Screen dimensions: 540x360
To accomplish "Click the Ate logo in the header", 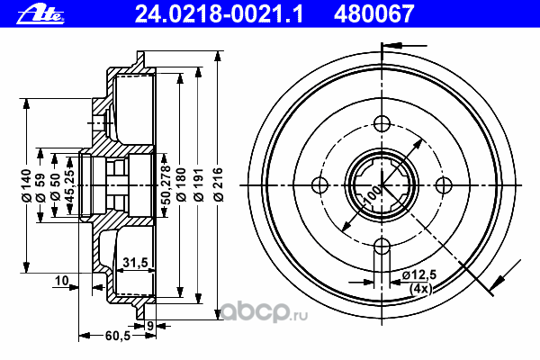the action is [x=40, y=14].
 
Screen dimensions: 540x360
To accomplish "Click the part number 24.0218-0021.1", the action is [x=219, y=13].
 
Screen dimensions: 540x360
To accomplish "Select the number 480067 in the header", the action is [x=374, y=13].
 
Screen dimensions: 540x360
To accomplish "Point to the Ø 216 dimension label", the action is [x=219, y=184].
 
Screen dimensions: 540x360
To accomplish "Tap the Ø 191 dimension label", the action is [x=199, y=184].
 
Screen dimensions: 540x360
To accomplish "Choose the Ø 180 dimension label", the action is [x=181, y=184].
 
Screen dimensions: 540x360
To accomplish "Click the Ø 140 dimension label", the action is [x=26, y=185].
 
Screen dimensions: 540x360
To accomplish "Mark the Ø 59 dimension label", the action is [x=40, y=187].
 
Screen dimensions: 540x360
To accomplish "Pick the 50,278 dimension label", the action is [x=166, y=184].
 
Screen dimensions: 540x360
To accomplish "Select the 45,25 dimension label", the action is [x=69, y=185].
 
